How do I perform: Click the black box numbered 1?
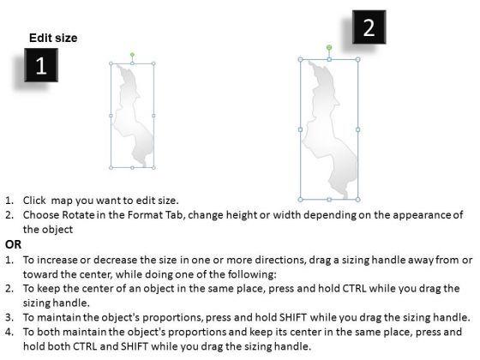tap(41, 65)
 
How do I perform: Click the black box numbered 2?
tap(369, 27)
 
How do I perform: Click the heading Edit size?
tap(53, 38)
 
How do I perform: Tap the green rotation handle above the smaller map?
tap(132, 55)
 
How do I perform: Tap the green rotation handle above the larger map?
tap(329, 47)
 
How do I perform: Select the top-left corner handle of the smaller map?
tap(111, 63)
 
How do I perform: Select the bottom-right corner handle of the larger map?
tap(358, 200)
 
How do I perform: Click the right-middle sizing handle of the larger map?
tap(358, 129)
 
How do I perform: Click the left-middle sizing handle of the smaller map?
tap(111, 116)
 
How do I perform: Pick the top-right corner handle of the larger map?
tap(358, 60)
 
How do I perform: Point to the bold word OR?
tap(14, 244)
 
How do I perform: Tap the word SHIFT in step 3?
tap(293, 317)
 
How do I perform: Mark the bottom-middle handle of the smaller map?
tap(132, 168)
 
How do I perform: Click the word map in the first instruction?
tap(62, 201)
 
